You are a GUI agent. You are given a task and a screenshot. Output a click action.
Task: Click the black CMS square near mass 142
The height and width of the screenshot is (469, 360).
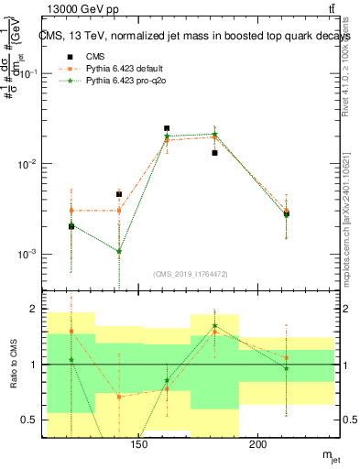tap(119, 194)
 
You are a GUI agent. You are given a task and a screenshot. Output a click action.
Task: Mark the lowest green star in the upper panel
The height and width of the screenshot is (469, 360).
tap(119, 251)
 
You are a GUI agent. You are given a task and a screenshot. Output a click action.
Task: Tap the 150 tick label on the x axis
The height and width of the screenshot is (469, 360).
tap(139, 446)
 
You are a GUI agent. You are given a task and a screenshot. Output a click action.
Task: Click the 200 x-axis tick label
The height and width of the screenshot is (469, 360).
tap(258, 446)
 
